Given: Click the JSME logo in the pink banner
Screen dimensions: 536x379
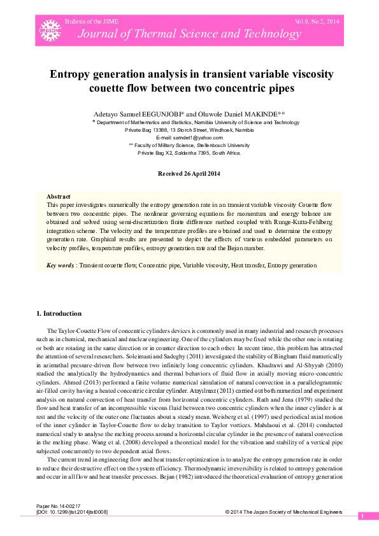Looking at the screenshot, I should pyautogui.click(x=47, y=29).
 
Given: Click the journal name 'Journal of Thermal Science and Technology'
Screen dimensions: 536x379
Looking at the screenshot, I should pyautogui.click(x=168, y=34).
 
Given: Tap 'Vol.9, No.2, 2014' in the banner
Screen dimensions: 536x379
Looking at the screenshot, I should pyautogui.click(x=317, y=22).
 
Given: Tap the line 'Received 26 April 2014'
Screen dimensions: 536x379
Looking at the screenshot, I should pyautogui.click(x=189, y=173).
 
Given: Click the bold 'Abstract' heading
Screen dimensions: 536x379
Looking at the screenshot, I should pyautogui.click(x=59, y=197).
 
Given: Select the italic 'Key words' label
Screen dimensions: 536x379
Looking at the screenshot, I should pyautogui.click(x=61, y=265).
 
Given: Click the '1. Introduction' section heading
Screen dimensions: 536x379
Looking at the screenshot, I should pyautogui.click(x=59, y=313).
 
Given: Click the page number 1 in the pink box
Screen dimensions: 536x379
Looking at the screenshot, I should pyautogui.click(x=362, y=516).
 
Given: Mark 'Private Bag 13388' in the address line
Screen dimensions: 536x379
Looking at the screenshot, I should pyautogui.click(x=148, y=129).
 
